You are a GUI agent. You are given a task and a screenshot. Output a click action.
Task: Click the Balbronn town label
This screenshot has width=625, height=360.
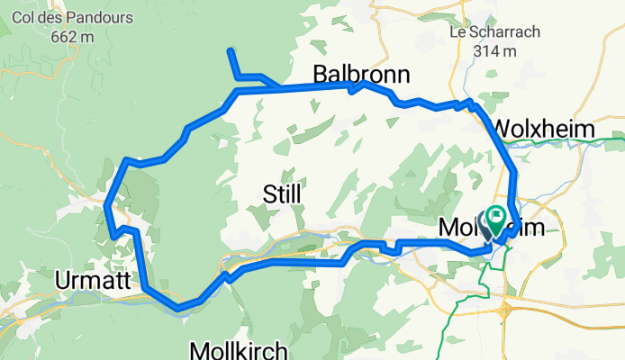coord(361,74)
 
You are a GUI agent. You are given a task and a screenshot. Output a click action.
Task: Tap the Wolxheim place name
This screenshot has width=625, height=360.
coord(545,129)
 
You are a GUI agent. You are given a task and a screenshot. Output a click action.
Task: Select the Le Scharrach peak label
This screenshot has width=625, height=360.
coord(493,31)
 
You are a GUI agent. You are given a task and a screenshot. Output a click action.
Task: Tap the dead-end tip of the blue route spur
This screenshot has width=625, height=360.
coord(231,49)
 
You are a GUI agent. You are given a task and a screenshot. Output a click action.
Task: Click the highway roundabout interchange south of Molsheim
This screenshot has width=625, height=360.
coord(507,310)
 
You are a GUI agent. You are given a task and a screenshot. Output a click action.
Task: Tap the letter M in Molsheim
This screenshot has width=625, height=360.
coord(448,229)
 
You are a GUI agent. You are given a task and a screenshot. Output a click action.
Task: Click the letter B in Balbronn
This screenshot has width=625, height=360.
coord(321,74)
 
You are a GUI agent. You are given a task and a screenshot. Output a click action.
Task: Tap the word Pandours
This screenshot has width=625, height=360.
coord(104,18)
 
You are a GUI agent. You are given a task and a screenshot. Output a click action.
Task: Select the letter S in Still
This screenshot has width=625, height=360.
coord(267,193)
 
